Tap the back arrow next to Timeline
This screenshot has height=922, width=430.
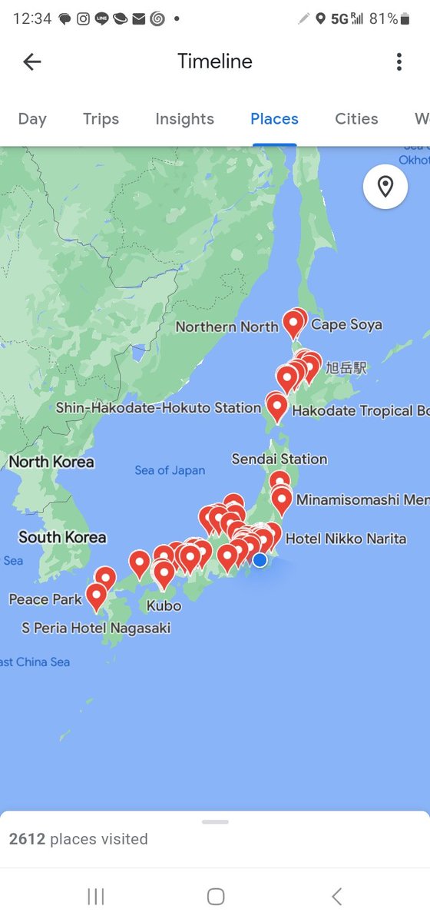(x=31, y=62)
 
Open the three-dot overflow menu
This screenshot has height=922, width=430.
(x=399, y=62)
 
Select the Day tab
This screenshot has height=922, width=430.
(x=32, y=119)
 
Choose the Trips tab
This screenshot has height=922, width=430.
(x=101, y=119)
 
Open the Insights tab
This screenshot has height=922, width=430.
(x=184, y=119)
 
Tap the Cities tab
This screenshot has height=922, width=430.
(x=356, y=119)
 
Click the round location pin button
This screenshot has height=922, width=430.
(x=385, y=187)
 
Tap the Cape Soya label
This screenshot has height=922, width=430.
(x=346, y=325)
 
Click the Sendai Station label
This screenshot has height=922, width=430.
(x=279, y=459)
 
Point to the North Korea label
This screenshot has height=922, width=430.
(x=51, y=462)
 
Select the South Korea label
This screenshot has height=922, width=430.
(x=62, y=537)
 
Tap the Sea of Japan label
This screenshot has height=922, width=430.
(x=170, y=470)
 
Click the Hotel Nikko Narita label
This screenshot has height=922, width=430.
(x=346, y=539)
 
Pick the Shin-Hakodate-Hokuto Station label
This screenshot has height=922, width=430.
(x=158, y=408)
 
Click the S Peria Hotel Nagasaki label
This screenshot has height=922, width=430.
(x=96, y=628)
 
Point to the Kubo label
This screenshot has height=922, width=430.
(x=164, y=605)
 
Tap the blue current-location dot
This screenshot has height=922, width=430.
(x=260, y=560)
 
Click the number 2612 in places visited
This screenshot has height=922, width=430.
(x=27, y=839)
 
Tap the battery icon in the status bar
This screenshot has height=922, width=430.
(x=405, y=18)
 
